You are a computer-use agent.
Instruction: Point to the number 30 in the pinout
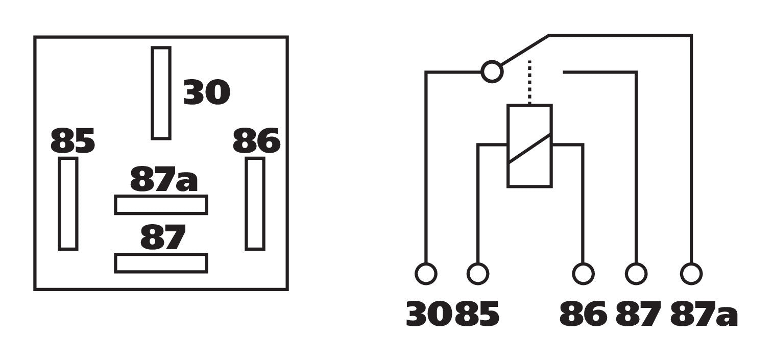coord(207,92)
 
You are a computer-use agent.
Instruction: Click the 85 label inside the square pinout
coord(73,140)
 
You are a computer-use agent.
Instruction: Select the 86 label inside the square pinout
coord(256,140)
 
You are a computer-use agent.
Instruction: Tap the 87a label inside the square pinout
coord(164,179)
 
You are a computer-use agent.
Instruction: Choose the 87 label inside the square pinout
coord(163,237)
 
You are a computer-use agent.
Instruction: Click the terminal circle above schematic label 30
coord(426,274)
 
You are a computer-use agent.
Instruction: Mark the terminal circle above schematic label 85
coord(478,274)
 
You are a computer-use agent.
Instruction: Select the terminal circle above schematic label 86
coord(583,274)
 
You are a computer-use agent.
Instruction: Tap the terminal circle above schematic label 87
coord(636,274)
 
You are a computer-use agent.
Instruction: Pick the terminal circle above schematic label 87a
coord(691,274)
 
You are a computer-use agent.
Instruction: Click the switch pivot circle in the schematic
coord(492,72)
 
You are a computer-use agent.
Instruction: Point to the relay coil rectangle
coord(508,146)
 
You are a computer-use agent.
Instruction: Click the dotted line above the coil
coord(529,82)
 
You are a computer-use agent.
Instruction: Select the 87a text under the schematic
coord(704,314)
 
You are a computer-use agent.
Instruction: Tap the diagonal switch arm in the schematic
coord(524,50)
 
